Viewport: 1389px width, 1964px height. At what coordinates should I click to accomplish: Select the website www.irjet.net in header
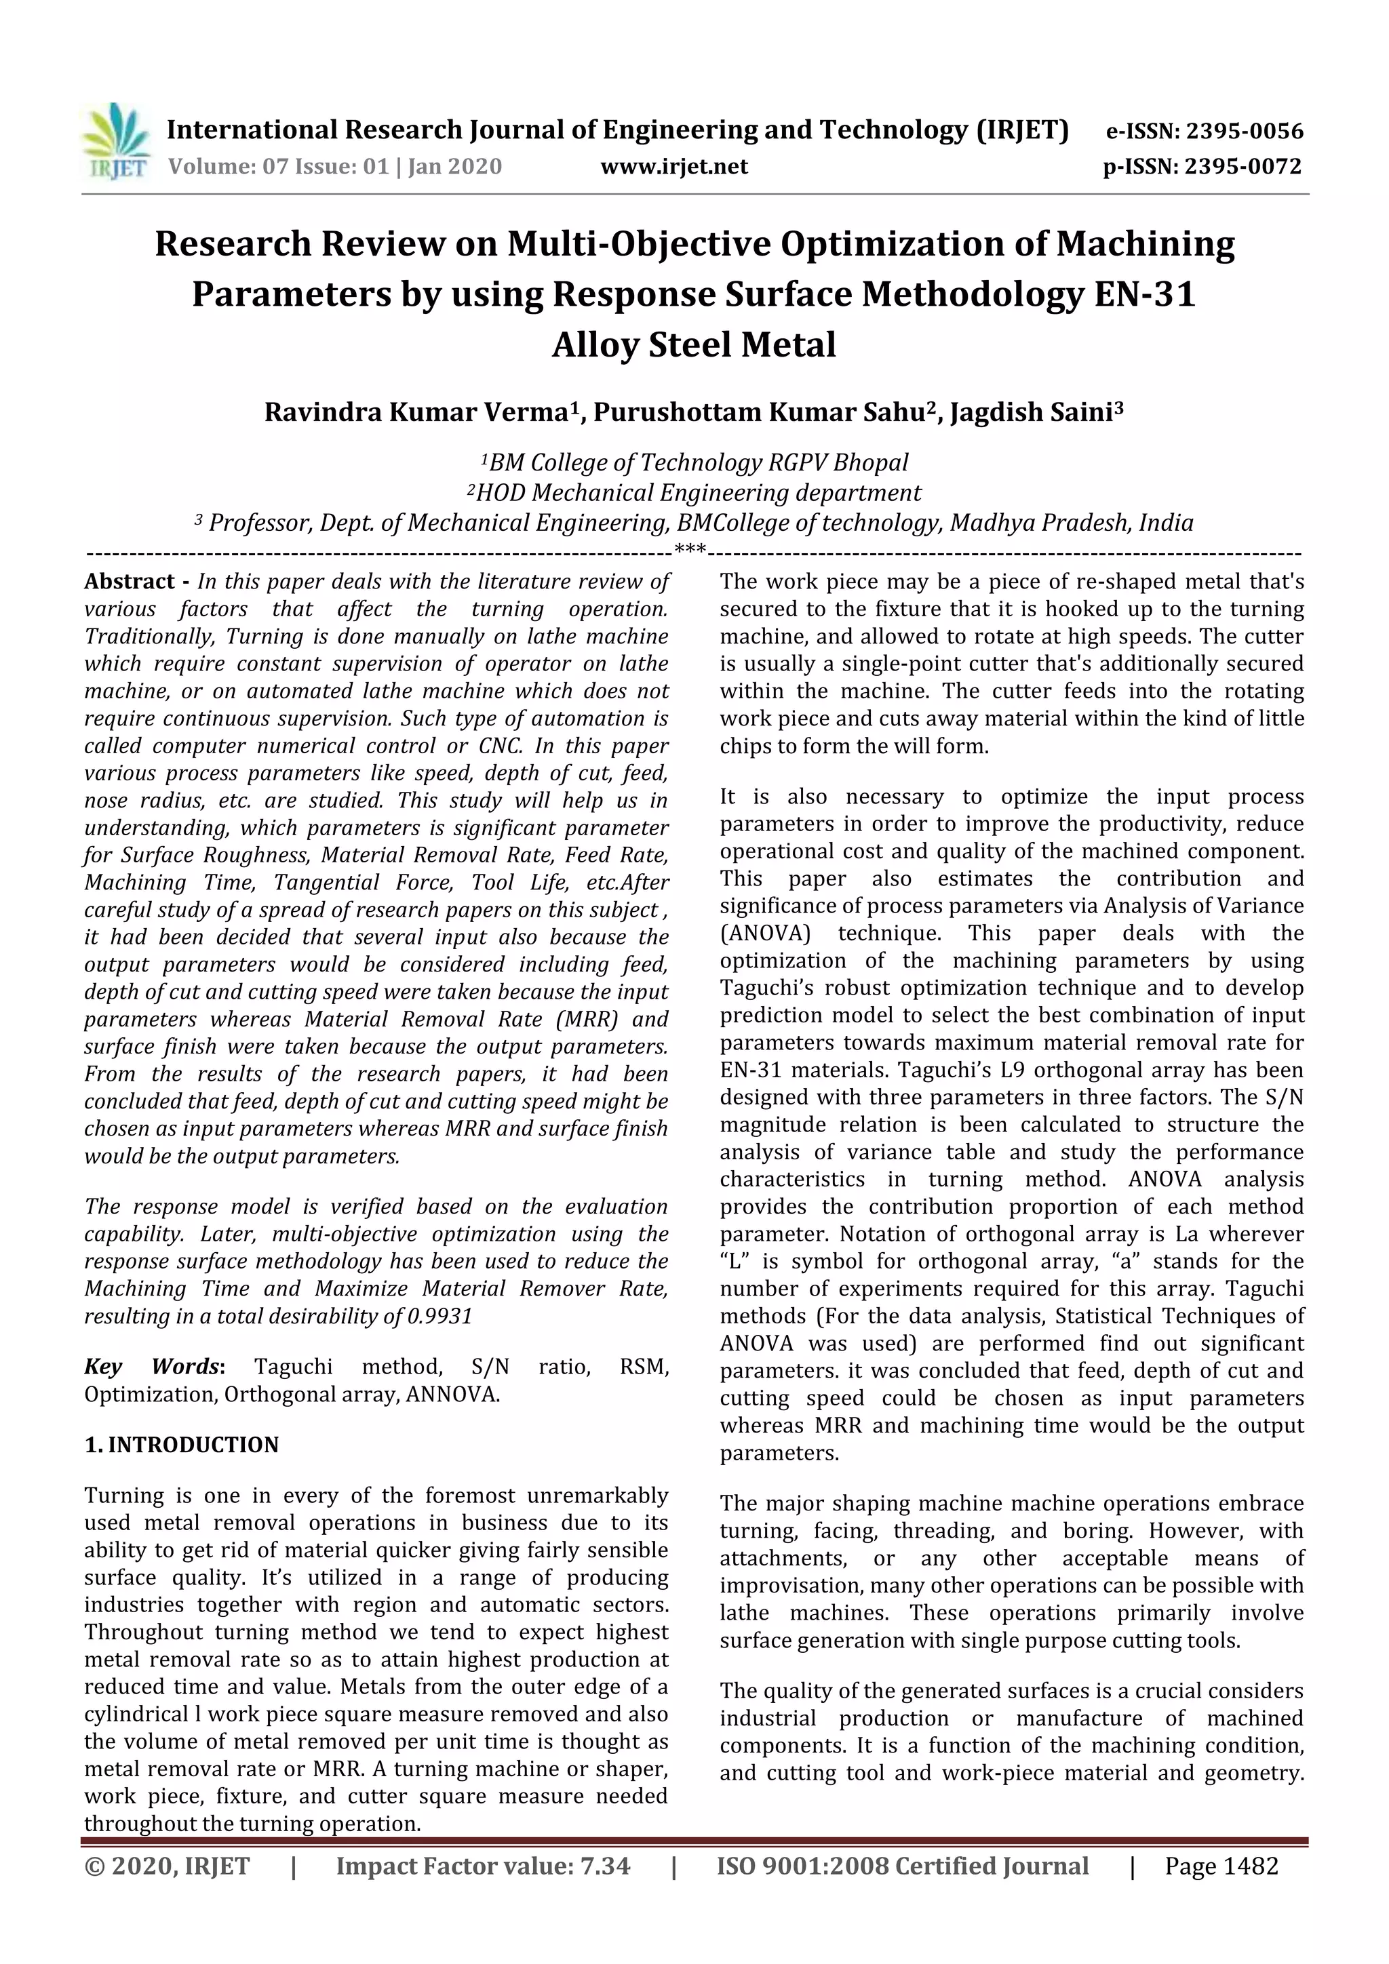(x=673, y=167)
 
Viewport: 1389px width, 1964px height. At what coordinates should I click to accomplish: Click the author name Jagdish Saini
(x=1035, y=412)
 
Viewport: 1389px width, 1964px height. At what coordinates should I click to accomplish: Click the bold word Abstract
(x=130, y=582)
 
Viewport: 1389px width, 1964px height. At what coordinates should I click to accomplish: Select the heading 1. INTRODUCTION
(x=182, y=1445)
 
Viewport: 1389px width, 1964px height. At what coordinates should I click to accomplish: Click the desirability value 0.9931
(x=440, y=1316)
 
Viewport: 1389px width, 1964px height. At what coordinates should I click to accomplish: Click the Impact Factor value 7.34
(x=604, y=1866)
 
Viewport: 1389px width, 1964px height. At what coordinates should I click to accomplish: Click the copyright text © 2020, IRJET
(x=167, y=1866)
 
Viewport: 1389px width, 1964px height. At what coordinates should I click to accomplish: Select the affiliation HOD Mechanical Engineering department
(x=694, y=493)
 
